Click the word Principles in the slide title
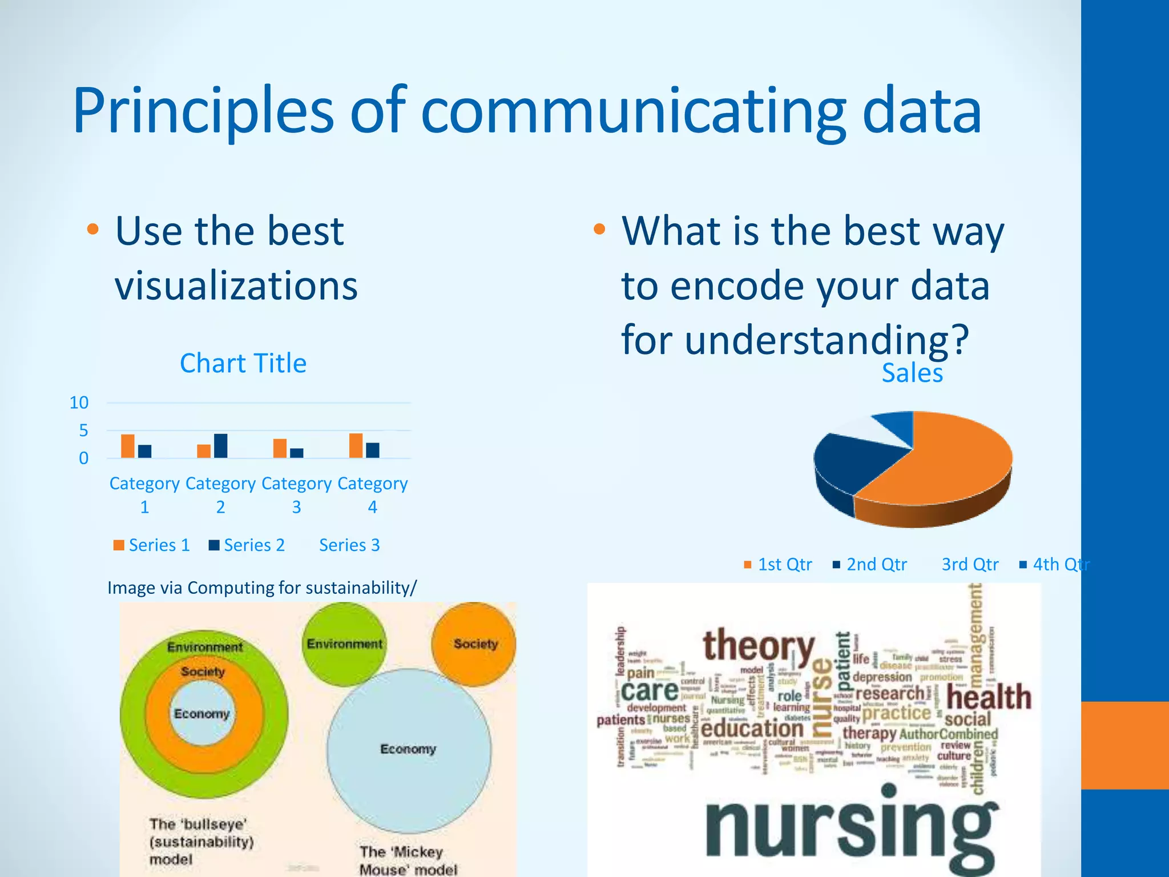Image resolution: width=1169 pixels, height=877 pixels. click(x=203, y=111)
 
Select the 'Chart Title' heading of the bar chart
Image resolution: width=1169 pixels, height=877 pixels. click(x=243, y=363)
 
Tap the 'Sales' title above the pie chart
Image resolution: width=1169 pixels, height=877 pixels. click(x=912, y=373)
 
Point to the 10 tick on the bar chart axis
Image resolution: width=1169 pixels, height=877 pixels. click(x=79, y=403)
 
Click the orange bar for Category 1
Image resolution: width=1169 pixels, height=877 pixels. click(x=128, y=446)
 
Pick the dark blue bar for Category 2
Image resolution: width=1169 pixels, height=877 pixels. click(x=220, y=445)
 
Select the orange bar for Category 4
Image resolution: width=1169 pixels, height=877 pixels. click(x=356, y=445)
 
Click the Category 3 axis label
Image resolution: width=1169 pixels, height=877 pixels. click(x=296, y=494)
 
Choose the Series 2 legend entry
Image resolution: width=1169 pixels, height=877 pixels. click(x=247, y=545)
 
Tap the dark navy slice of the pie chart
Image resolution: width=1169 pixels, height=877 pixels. click(x=850, y=462)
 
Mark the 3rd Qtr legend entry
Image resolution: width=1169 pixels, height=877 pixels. click(x=970, y=565)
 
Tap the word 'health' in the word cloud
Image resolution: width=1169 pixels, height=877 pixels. click(x=989, y=697)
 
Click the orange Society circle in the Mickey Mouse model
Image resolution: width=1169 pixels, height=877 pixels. click(x=474, y=644)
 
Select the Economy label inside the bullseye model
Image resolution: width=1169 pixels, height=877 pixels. click(x=201, y=714)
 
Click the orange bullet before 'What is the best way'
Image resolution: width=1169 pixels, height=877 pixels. click(x=599, y=230)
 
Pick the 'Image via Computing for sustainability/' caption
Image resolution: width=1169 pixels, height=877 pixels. click(x=262, y=588)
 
